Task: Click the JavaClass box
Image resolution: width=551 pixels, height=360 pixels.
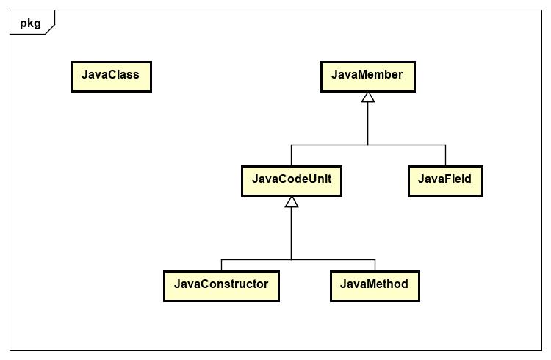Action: point(111,76)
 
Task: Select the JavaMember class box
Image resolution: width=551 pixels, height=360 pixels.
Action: point(367,76)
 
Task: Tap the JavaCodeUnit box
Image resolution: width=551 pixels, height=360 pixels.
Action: point(291,180)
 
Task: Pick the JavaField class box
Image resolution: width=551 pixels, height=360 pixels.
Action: point(444,180)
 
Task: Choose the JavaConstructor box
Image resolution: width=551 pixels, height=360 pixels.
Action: point(221,285)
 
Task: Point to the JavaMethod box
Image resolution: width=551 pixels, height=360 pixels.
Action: point(375,285)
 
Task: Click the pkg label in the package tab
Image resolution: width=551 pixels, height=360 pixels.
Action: point(30,23)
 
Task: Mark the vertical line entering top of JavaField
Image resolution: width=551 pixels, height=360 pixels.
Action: point(445,155)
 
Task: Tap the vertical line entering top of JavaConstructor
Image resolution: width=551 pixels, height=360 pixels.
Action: point(221,265)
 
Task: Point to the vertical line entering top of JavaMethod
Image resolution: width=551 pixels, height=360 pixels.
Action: point(375,265)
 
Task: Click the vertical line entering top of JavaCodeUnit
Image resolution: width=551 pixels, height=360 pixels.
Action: point(292,155)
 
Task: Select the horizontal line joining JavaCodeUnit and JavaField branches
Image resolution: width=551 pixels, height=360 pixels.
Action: point(404,145)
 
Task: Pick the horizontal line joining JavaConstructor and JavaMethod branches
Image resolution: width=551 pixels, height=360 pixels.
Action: point(331,260)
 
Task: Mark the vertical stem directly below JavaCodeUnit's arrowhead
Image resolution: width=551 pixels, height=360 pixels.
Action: point(292,231)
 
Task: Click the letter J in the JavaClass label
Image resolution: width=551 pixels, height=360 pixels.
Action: point(84,75)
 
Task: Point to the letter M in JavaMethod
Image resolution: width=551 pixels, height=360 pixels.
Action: point(370,284)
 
